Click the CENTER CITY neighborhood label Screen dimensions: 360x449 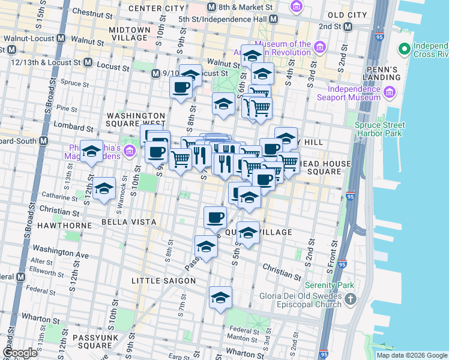pos(156,8)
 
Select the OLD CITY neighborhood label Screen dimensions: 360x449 pos(347,14)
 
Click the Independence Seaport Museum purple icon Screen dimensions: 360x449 pos(389,92)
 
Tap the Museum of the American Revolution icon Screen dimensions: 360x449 pos(319,47)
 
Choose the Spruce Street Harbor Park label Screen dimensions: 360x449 pos(379,129)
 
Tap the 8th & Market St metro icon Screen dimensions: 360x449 pos(211,7)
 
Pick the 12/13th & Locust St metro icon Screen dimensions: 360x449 pos(88,62)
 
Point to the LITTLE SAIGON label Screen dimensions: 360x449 pos(164,280)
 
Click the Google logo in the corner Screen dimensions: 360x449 pos(19,353)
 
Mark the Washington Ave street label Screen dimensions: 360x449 pos(61,251)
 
